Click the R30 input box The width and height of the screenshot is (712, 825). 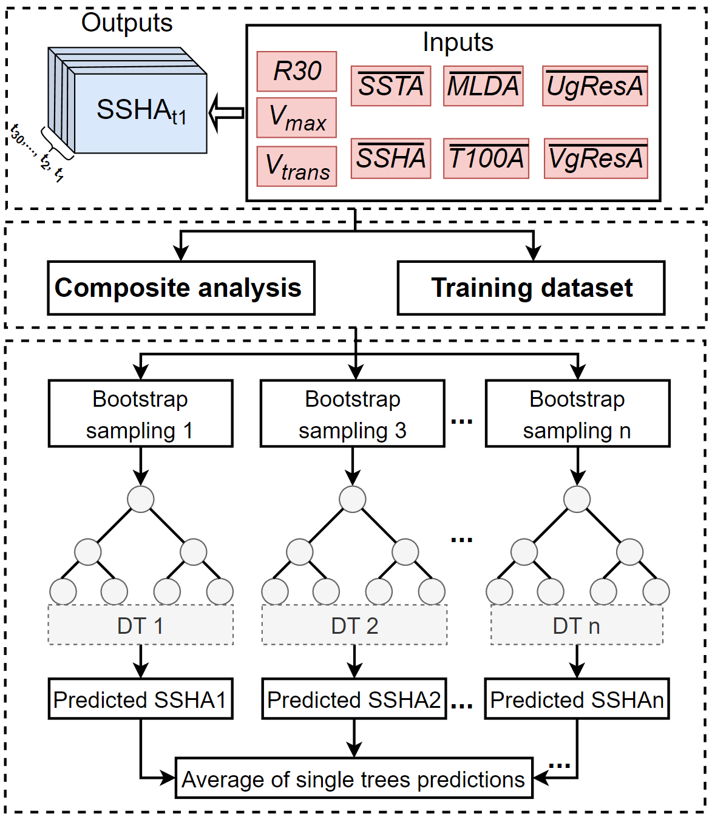tap(297, 71)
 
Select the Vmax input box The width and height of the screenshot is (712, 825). tap(297, 117)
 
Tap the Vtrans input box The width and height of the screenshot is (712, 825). tap(297, 166)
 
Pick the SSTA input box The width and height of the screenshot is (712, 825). tap(391, 86)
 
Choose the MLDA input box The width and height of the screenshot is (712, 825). tap(483, 86)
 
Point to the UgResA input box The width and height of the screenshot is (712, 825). tap(595, 86)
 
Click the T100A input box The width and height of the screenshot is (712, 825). tap(486, 158)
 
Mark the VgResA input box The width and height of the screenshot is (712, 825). tap(595, 158)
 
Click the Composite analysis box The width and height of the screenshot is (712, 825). tap(181, 288)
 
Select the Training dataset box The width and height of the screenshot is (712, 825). tap(531, 288)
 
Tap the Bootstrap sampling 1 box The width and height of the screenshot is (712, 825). tap(140, 414)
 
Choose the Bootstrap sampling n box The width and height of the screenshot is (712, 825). tap(577, 414)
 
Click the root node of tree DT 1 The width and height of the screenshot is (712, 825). tap(141, 499)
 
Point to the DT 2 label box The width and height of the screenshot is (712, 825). tap(354, 625)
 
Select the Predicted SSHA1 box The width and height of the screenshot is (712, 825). tap(140, 699)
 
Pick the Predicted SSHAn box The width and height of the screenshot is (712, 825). tap(577, 699)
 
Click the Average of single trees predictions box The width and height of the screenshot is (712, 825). tap(354, 779)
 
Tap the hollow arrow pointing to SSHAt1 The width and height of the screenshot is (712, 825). tap(226, 113)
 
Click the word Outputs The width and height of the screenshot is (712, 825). tap(127, 23)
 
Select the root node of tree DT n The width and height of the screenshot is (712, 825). tap(577, 499)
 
